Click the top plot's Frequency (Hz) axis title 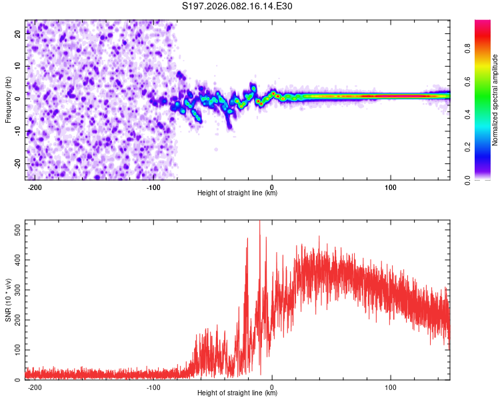pyautogui.click(x=8, y=100)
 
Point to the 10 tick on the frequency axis pyautogui.click(x=19, y=67)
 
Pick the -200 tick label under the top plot pyautogui.click(x=36, y=186)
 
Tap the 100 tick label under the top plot pyautogui.click(x=390, y=186)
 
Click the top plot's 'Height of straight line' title pyautogui.click(x=237, y=193)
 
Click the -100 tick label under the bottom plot pyautogui.click(x=153, y=386)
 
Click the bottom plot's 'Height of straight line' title pyautogui.click(x=237, y=393)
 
